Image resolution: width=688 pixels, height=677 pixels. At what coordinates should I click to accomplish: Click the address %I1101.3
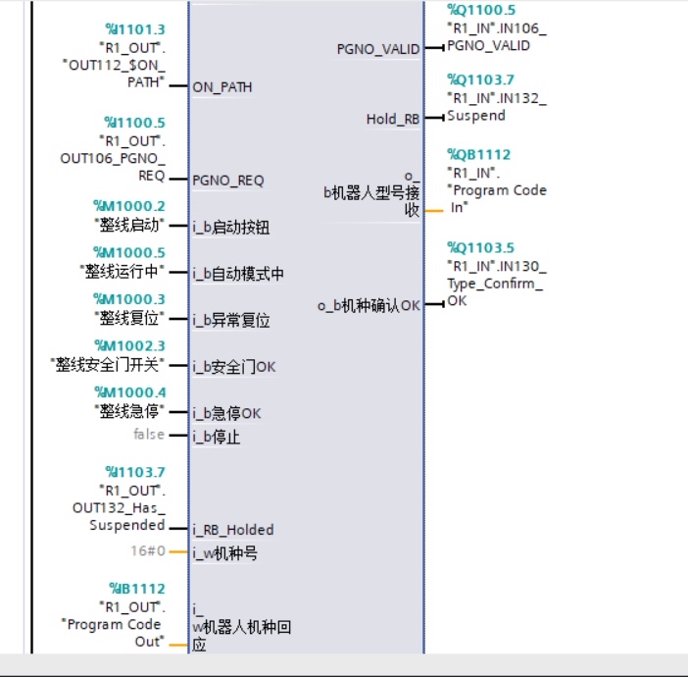(x=135, y=30)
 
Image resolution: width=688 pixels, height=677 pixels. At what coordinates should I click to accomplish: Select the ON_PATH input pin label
(x=222, y=87)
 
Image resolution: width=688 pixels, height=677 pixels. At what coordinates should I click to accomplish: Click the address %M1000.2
(x=129, y=205)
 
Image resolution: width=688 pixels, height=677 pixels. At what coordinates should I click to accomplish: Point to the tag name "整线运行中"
(x=122, y=272)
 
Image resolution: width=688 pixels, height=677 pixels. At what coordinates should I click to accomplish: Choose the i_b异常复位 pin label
(x=231, y=320)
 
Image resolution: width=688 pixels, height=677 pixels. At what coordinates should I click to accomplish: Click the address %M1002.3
(x=129, y=344)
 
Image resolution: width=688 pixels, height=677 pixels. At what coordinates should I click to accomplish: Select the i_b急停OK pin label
(x=227, y=413)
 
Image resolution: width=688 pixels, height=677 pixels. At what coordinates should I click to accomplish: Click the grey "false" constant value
(x=149, y=434)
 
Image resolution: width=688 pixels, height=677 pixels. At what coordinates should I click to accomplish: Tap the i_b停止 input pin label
(x=217, y=437)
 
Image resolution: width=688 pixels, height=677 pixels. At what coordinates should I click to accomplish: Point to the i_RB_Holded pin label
(x=233, y=530)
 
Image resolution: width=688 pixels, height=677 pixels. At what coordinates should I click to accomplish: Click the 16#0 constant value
(x=148, y=551)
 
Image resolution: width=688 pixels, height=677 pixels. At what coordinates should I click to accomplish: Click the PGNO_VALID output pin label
(x=378, y=48)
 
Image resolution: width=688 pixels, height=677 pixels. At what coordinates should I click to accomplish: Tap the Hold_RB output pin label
(x=393, y=120)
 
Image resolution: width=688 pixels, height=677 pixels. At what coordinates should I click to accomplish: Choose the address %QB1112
(x=479, y=155)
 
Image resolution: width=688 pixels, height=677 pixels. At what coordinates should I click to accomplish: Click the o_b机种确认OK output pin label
(x=369, y=305)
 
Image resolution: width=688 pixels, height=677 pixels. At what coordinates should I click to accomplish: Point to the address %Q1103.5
(x=480, y=247)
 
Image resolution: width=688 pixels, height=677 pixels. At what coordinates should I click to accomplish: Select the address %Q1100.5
(x=480, y=10)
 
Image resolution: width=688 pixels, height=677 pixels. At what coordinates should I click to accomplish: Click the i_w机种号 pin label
(x=225, y=553)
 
